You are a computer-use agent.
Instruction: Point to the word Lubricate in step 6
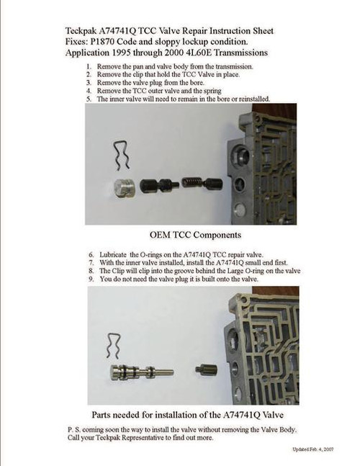pyautogui.click(x=113, y=256)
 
